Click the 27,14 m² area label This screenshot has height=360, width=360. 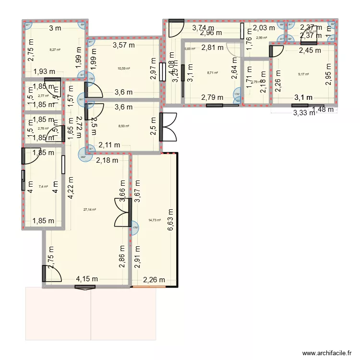coord(89,210)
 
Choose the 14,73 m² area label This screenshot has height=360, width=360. coord(154,220)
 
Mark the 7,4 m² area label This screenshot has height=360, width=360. coord(43,186)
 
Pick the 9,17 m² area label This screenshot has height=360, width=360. coord(303,74)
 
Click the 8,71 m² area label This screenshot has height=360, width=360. coord(212,73)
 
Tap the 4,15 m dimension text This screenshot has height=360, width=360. coord(87,279)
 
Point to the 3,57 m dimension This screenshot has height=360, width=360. coord(123,46)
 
